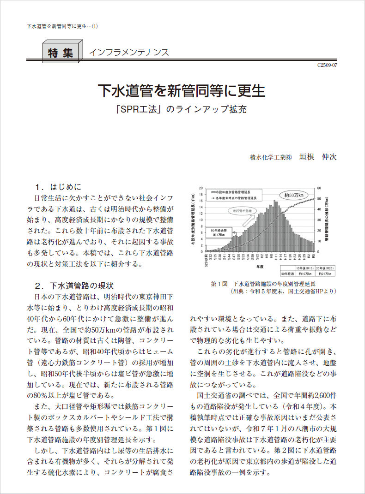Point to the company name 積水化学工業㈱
[x=271, y=157]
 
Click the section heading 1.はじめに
[x=58, y=187]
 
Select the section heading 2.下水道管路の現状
[x=74, y=286]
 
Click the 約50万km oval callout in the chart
[x=294, y=195]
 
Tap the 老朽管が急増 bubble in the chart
[x=243, y=211]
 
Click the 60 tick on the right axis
[x=319, y=188]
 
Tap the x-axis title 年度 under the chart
[x=261, y=267]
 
